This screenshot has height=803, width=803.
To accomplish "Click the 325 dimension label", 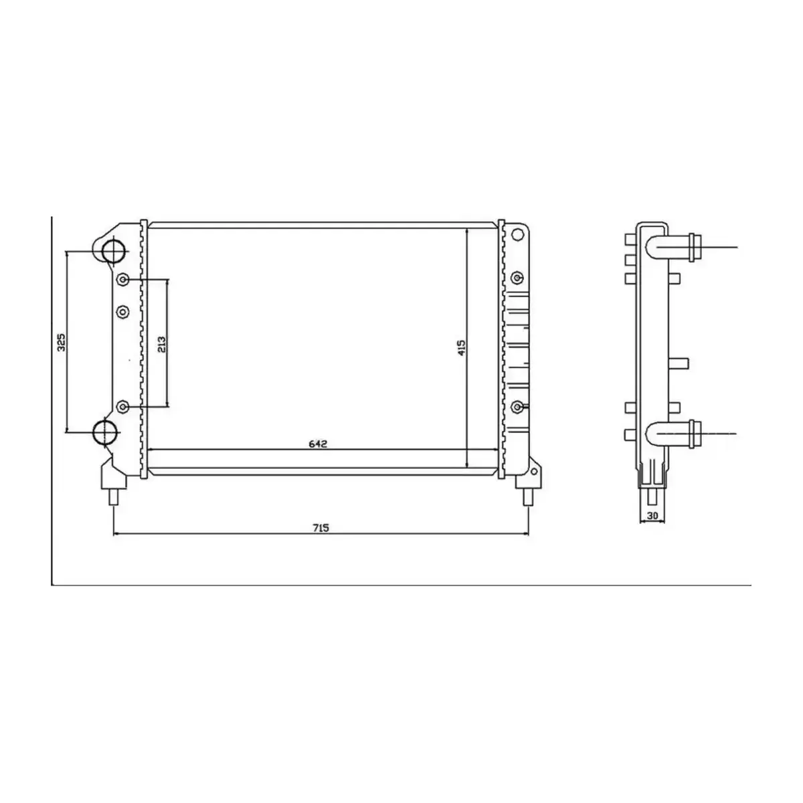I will [60, 342].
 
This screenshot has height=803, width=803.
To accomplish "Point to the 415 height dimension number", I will [461, 348].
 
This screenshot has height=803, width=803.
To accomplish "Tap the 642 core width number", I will [317, 444].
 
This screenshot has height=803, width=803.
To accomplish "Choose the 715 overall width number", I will [321, 527].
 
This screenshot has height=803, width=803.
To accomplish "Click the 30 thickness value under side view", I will [652, 516].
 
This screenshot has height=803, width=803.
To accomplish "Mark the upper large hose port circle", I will [113, 251].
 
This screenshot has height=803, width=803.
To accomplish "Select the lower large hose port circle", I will [104, 432].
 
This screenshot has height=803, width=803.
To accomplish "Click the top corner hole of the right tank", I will [516, 234].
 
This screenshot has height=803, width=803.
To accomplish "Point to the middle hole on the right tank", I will [517, 278].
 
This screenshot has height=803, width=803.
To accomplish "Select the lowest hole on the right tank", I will [517, 406].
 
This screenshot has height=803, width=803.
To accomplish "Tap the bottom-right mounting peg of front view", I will [528, 497].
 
